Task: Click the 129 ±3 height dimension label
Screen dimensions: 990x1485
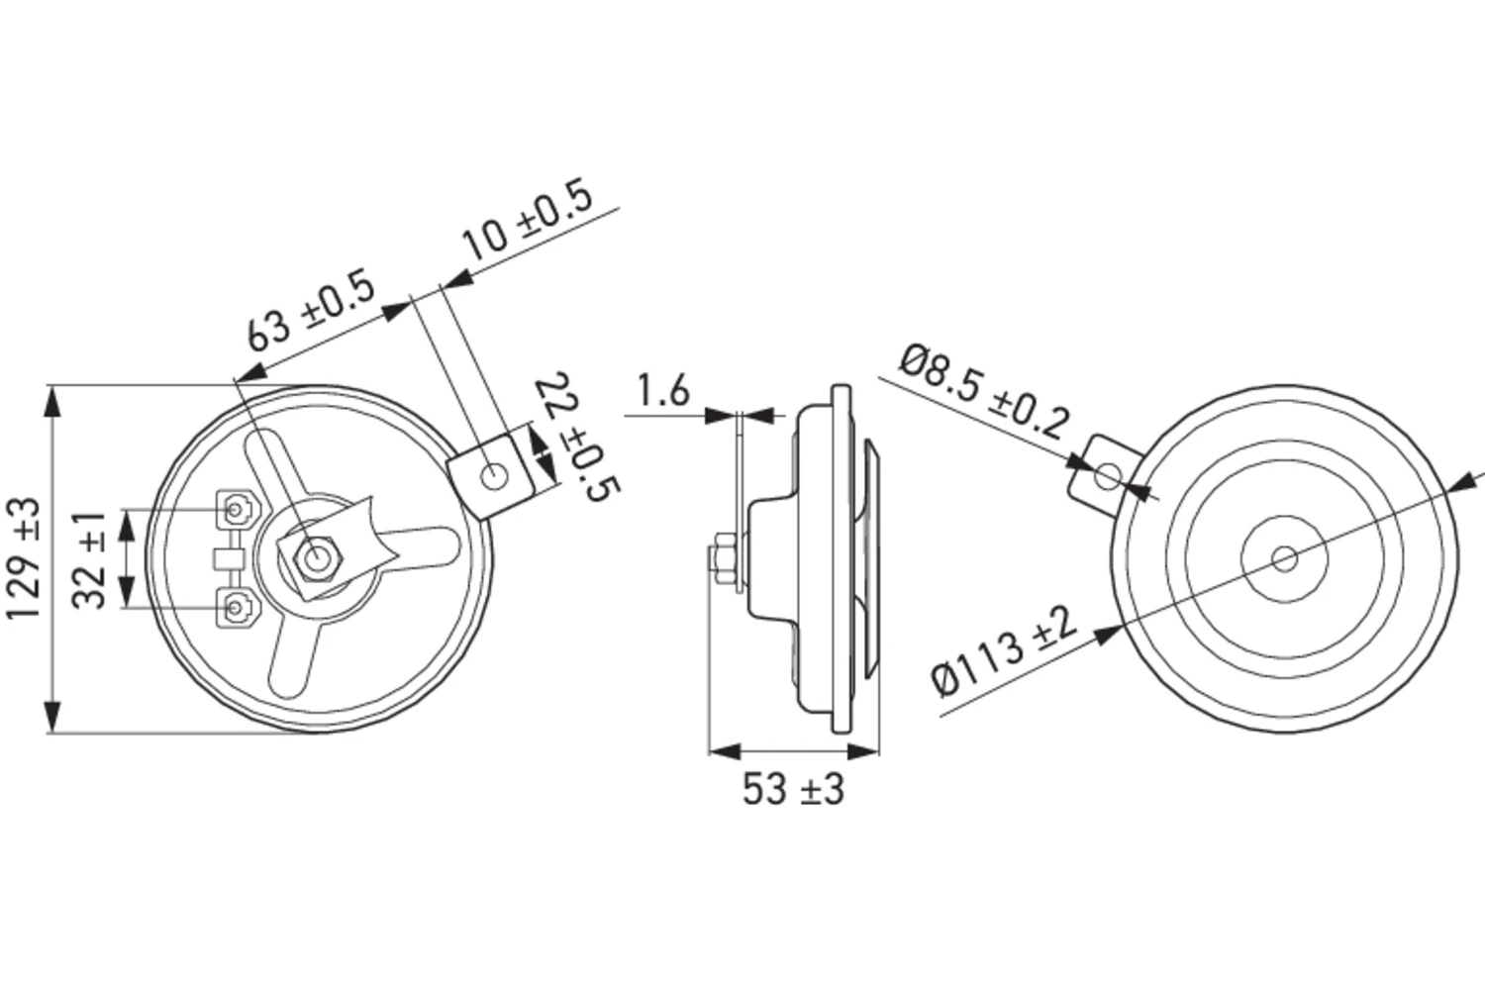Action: pyautogui.click(x=26, y=558)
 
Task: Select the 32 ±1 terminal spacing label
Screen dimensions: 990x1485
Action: pyautogui.click(x=91, y=560)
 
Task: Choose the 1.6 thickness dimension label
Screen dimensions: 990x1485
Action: pyautogui.click(x=662, y=391)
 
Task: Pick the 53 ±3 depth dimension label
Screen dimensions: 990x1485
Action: pyautogui.click(x=793, y=789)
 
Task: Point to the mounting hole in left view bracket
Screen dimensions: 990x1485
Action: pyautogui.click(x=494, y=478)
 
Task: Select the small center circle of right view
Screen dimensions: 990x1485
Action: pyautogui.click(x=1285, y=559)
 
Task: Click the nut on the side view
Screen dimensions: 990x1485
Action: pyautogui.click(x=720, y=560)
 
